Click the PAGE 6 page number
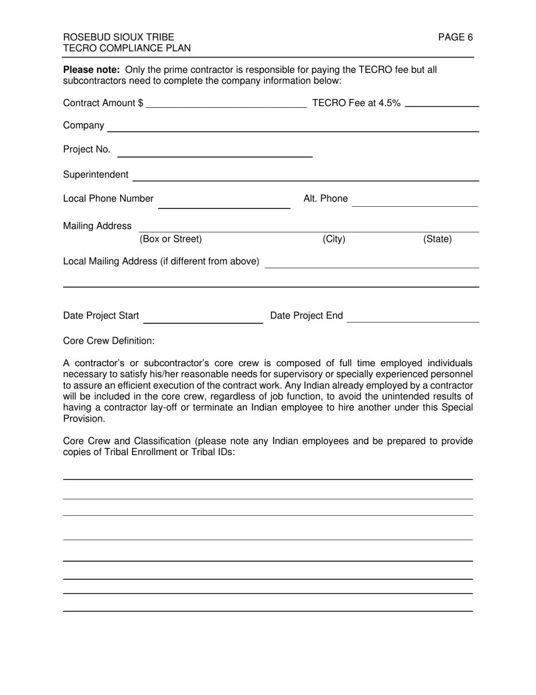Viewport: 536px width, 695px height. [x=455, y=38]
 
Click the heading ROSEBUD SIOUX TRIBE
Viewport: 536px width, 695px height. [x=118, y=38]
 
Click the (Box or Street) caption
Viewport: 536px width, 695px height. [x=170, y=240]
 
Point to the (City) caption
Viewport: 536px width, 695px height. [x=334, y=240]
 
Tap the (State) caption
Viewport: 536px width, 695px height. [x=437, y=240]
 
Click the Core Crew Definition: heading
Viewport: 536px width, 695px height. [x=109, y=341]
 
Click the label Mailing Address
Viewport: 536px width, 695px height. [x=97, y=226]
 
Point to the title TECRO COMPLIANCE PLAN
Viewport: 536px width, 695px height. [x=127, y=49]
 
